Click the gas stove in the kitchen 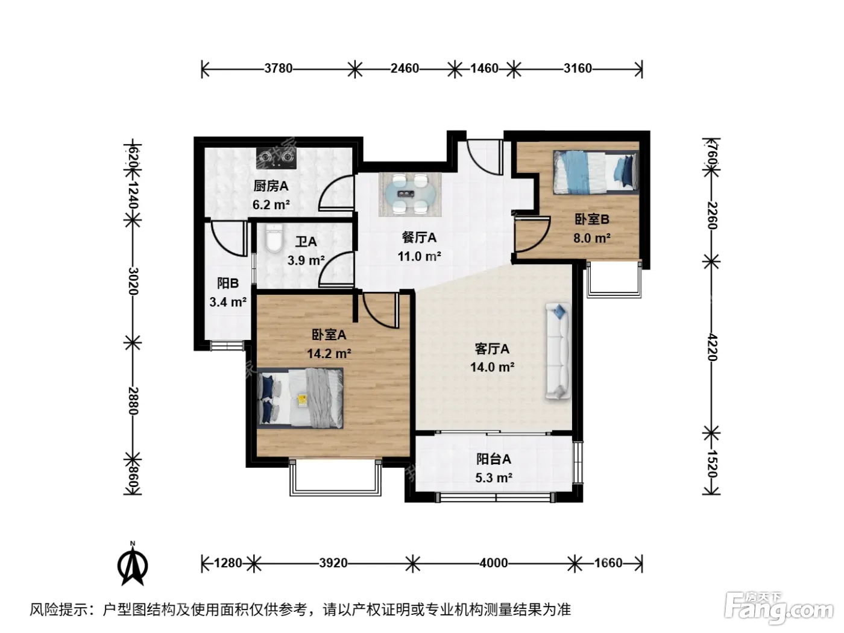tap(277, 158)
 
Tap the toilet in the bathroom tap(274, 238)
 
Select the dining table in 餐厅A tap(411, 194)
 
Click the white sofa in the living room tap(558, 350)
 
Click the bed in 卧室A tap(300, 398)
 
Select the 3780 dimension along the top tap(279, 68)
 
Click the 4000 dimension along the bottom tap(494, 563)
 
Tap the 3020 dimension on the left tap(133, 281)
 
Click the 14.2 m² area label tap(329, 353)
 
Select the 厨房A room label tap(271, 186)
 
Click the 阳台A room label tap(494, 459)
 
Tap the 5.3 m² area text tap(494, 477)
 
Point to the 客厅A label tap(492, 348)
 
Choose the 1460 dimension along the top tap(485, 68)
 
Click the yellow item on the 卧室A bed tap(302, 399)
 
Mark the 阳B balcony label tap(228, 283)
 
